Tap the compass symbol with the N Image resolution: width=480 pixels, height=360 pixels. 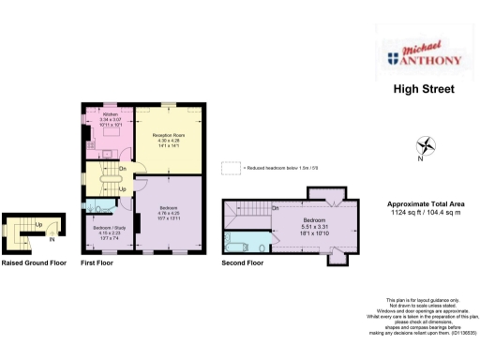point(427,146)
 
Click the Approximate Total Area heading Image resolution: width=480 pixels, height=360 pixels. point(427,204)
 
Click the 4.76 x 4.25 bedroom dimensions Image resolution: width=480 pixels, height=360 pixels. point(169,212)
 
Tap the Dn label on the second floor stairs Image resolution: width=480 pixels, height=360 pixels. point(275,207)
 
